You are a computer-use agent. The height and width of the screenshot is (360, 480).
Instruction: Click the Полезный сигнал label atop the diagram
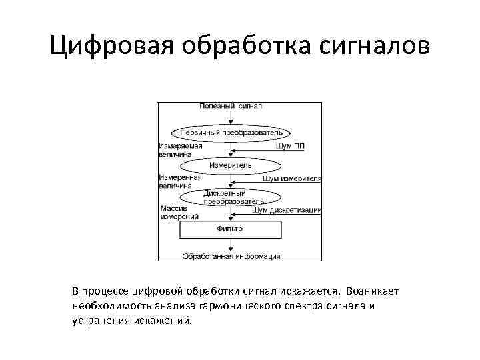coord(231,107)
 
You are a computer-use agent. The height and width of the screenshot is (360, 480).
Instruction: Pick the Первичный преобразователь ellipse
coord(231,132)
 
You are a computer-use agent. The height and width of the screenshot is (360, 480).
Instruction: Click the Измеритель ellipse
coord(231,165)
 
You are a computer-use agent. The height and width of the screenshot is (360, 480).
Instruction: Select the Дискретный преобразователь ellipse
coord(231,197)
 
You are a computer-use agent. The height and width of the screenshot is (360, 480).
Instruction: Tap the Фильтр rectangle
coord(230,229)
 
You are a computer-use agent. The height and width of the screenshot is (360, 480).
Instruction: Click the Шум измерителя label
coord(292,179)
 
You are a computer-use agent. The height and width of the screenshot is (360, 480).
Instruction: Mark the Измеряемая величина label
coord(180,149)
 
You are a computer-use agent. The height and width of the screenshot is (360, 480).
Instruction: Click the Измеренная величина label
coord(180,181)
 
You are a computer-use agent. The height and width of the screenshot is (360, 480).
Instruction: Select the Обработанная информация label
coord(231,256)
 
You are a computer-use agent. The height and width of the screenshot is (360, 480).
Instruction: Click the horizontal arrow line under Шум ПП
coord(267,151)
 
